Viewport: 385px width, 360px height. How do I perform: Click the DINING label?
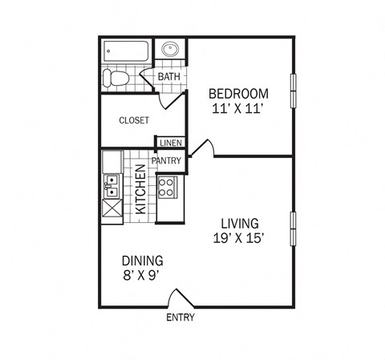click(x=143, y=261)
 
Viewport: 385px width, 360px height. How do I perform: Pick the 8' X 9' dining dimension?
click(x=143, y=275)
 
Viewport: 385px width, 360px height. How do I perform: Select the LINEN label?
click(x=171, y=143)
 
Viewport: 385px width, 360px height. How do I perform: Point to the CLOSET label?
click(x=134, y=120)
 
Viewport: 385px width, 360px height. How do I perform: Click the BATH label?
click(x=168, y=77)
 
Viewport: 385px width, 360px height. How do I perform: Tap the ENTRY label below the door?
click(x=180, y=318)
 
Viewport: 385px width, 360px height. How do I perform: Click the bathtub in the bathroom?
click(x=127, y=53)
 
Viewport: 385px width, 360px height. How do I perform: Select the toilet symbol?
click(x=117, y=79)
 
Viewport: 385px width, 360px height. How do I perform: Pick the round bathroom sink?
click(x=171, y=50)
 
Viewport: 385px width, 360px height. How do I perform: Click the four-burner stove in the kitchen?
click(x=168, y=188)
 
